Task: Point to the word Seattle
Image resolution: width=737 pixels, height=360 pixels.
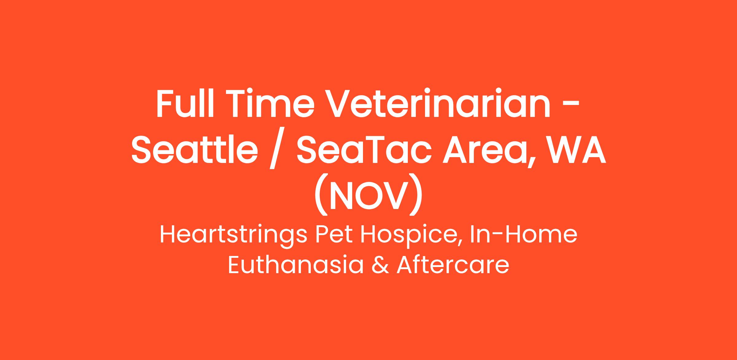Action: pyautogui.click(x=195, y=149)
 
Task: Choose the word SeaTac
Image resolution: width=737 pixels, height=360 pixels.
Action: pyautogui.click(x=362, y=149)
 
